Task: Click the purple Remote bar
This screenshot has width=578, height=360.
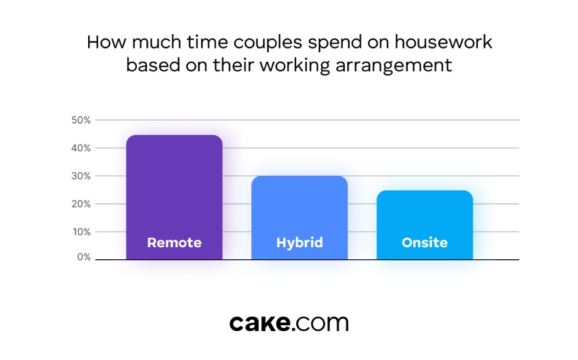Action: (174, 197)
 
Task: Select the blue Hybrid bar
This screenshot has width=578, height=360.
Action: (299, 218)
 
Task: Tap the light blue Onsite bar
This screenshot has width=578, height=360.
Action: (425, 225)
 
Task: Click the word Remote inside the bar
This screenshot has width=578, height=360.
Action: (174, 243)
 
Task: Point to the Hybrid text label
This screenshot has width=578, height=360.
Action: (299, 243)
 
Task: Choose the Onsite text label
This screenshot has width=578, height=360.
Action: (425, 243)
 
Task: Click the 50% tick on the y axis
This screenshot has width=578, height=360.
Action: (81, 120)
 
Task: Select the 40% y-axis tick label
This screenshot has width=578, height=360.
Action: (81, 148)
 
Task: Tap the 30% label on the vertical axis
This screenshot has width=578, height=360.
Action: (81, 176)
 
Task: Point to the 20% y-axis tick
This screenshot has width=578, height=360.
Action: (81, 204)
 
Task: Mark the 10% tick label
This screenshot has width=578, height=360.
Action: (82, 232)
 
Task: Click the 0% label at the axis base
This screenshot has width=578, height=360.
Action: (84, 257)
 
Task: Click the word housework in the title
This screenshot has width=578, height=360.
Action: (443, 41)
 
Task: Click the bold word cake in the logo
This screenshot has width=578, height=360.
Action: (260, 323)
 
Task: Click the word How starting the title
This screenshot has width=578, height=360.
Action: (107, 41)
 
